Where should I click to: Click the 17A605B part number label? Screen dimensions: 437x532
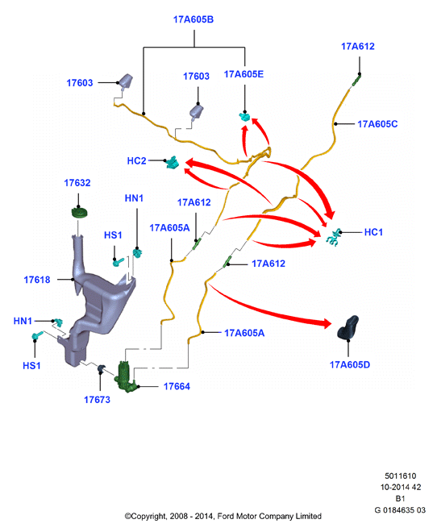194,19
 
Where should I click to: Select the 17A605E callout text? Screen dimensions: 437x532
243,74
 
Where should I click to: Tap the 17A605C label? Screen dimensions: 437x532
377,124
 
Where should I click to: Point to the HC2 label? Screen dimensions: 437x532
136,161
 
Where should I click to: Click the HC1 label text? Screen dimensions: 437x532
373,232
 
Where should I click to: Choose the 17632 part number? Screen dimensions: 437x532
77,183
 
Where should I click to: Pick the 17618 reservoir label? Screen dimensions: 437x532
37,280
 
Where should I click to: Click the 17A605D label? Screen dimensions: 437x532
350,364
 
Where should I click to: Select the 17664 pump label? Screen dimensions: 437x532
177,386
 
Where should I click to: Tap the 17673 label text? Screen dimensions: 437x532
97,400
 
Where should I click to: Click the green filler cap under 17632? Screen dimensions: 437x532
80,214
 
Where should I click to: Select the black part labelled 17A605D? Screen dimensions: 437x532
348,327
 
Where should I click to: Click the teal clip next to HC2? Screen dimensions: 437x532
173,163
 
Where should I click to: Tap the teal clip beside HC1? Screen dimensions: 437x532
334,237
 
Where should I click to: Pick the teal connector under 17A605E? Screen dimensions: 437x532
244,117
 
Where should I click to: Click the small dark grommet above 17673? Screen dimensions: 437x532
101,368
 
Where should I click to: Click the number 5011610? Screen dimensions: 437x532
400,476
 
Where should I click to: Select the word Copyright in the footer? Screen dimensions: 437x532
148,517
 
